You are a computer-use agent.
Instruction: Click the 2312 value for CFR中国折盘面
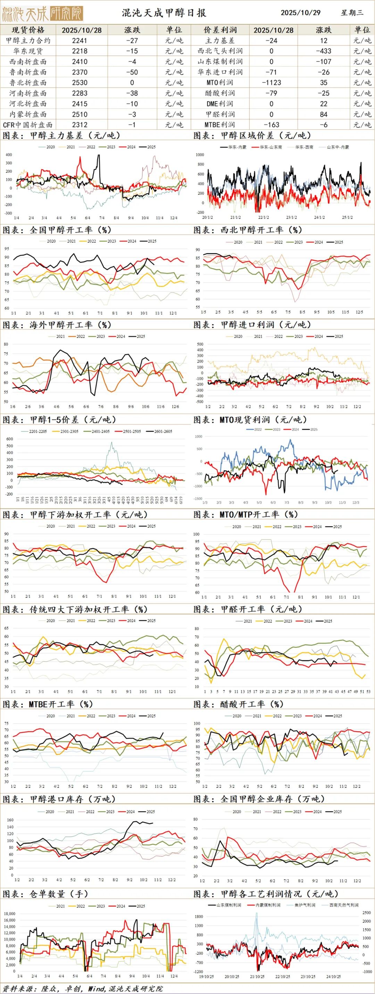(80, 124)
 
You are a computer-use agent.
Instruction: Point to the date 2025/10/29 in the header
(300, 13)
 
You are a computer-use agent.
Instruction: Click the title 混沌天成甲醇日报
(164, 13)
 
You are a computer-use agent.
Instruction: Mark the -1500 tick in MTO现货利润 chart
(198, 499)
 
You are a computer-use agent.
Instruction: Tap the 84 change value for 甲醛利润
(323, 114)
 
